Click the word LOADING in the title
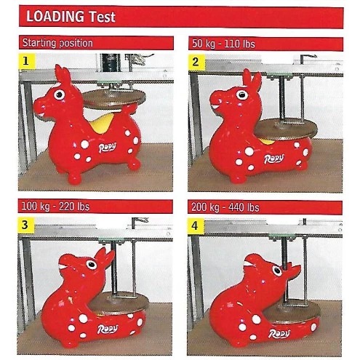(x=55, y=16)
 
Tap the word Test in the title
(x=102, y=17)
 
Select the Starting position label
(x=57, y=43)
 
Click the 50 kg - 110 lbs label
(x=223, y=44)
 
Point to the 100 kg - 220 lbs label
(x=55, y=207)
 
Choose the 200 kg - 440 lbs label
(x=225, y=207)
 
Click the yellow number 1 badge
(x=26, y=61)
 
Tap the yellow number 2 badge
(x=196, y=62)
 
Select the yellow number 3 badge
(x=25, y=225)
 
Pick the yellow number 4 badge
(x=195, y=225)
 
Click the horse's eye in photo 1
(x=60, y=95)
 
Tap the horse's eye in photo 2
(x=241, y=95)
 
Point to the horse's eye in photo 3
(x=92, y=265)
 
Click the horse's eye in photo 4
(x=277, y=271)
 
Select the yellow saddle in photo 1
(x=102, y=124)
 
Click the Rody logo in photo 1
(x=108, y=148)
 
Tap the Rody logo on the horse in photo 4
(x=279, y=334)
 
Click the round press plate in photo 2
(x=286, y=129)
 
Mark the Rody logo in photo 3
(x=108, y=329)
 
